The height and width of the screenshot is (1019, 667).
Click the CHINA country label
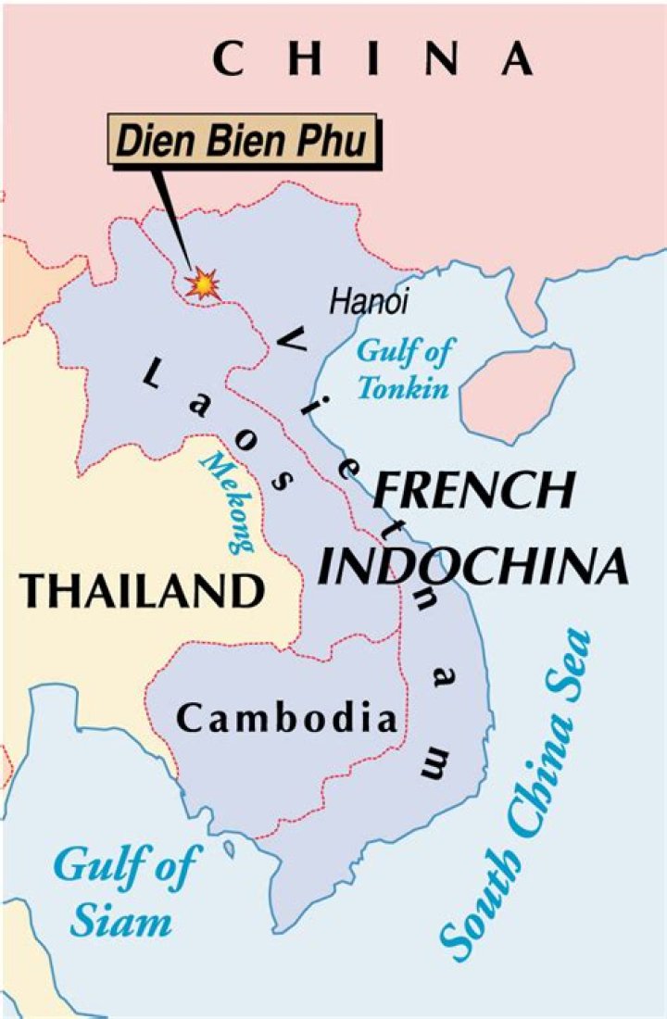pyautogui.click(x=372, y=59)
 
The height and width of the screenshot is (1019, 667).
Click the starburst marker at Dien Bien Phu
pyautogui.click(x=202, y=283)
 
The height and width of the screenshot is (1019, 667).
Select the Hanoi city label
pyautogui.click(x=369, y=302)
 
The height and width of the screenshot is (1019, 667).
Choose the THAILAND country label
pyautogui.click(x=141, y=589)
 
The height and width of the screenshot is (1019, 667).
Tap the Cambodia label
pyautogui.click(x=287, y=718)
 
